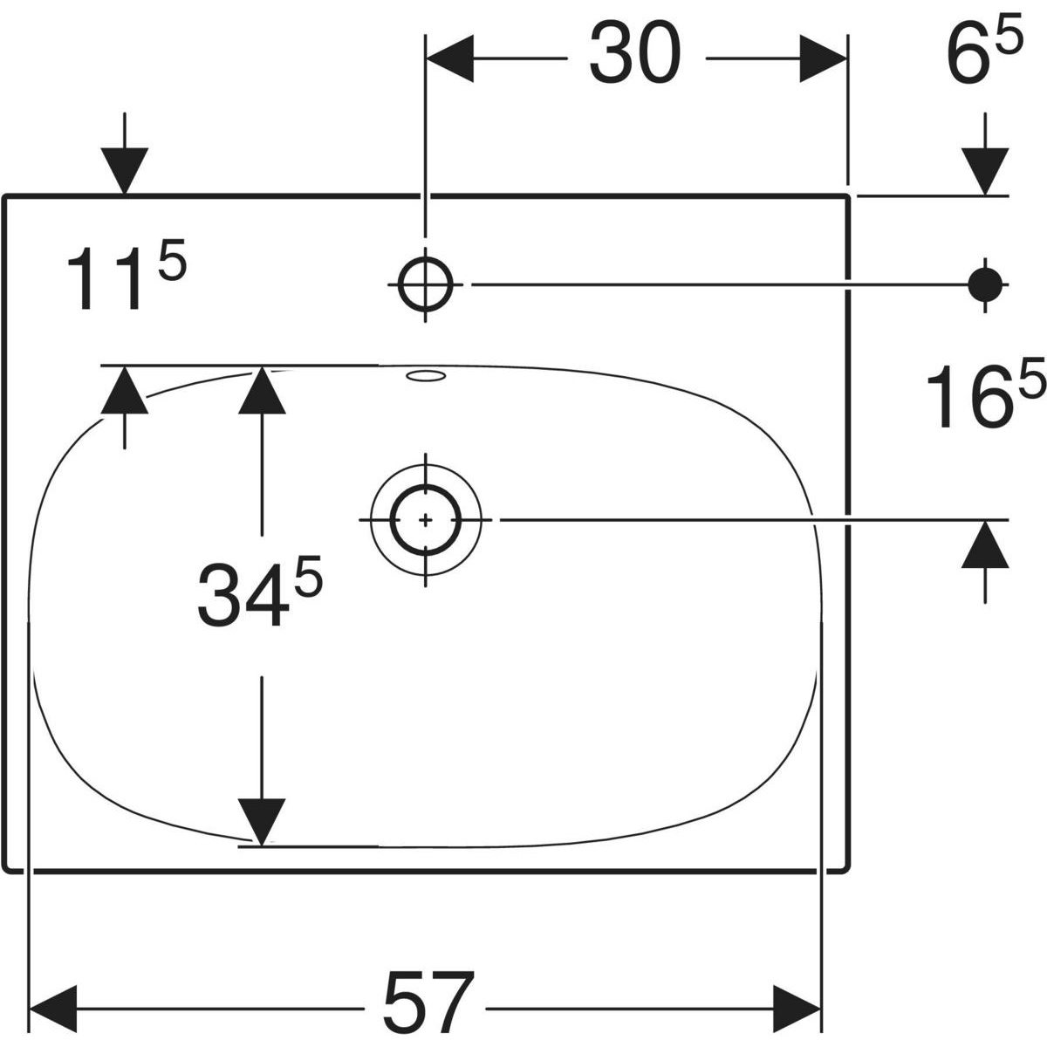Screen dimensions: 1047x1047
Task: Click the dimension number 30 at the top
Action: [x=634, y=54]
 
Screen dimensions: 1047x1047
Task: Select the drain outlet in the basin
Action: [x=426, y=519]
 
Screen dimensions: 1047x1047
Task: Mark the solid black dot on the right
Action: [x=986, y=283]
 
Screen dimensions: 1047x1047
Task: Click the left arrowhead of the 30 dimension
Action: [x=448, y=59]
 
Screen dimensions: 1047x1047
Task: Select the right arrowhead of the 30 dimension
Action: [x=823, y=59]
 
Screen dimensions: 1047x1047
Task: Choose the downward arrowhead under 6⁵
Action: [x=986, y=171]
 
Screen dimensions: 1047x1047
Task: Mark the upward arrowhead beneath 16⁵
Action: [x=986, y=544]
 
